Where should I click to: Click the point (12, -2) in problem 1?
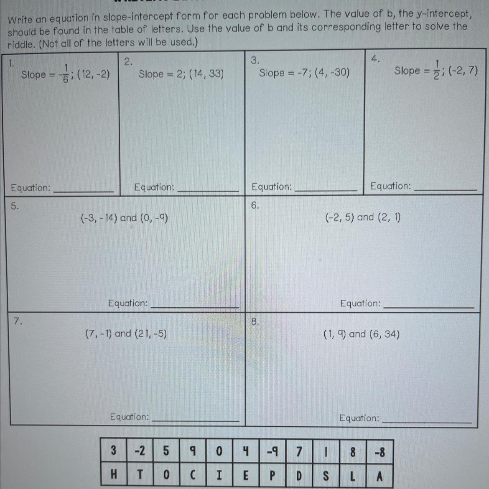point(94,75)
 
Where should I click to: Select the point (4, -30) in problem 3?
point(332,73)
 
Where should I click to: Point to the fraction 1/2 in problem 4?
point(437,70)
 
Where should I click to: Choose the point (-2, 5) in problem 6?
point(340,217)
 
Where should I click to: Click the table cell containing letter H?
point(113,475)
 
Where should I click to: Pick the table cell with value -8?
point(379,452)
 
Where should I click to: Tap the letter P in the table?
point(273,476)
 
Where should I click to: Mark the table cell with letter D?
point(299,476)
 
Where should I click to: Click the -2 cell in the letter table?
point(140,451)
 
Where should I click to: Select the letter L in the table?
point(353,476)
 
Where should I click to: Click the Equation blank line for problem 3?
point(326,191)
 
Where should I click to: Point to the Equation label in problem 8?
point(359,418)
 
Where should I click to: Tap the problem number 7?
point(18,321)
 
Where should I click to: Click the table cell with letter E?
point(246,476)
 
